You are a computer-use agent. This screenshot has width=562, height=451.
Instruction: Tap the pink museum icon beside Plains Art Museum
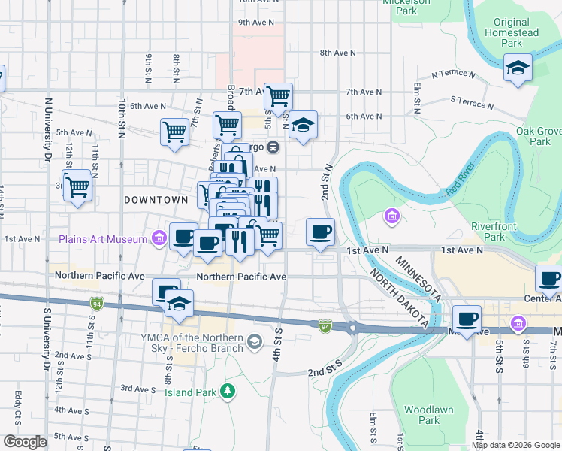tap(159, 239)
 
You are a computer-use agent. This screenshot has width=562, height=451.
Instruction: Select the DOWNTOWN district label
tap(156, 200)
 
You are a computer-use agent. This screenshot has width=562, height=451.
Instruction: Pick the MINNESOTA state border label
tap(417, 277)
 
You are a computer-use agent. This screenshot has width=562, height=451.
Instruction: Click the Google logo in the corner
tap(25, 442)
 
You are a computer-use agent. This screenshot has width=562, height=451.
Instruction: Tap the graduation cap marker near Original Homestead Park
tap(518, 68)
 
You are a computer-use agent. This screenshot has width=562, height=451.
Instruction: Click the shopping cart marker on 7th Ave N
tap(278, 96)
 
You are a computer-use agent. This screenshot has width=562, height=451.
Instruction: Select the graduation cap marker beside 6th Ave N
tap(303, 125)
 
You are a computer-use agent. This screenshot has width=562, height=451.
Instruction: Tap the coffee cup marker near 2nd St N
tap(321, 232)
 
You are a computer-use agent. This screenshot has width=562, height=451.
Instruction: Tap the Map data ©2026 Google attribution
tap(515, 445)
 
